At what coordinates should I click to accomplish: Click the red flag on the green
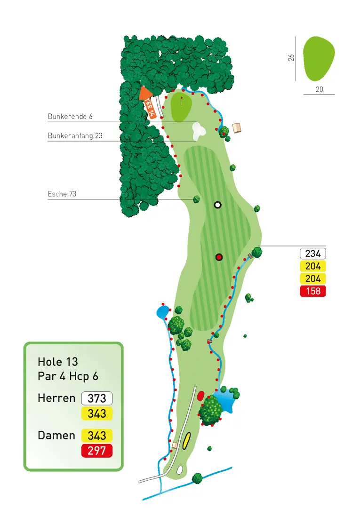click(182, 100)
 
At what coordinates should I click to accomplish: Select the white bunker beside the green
click(200, 131)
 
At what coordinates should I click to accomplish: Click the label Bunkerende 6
click(70, 116)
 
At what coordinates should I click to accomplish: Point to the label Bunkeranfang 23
click(75, 135)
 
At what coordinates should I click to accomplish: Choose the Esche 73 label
click(62, 193)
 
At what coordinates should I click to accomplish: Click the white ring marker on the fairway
click(217, 205)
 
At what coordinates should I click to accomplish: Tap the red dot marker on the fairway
click(219, 257)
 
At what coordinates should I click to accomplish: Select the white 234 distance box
click(313, 254)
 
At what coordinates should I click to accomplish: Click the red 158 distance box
click(313, 291)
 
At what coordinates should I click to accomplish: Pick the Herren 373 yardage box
click(97, 398)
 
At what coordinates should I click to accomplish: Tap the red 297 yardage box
click(97, 451)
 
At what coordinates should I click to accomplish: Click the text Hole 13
click(58, 362)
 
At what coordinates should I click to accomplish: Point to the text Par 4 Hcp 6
click(68, 376)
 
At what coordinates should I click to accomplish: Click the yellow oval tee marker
click(186, 441)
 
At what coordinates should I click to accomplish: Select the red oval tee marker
click(200, 396)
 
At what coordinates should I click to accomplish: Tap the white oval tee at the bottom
click(180, 469)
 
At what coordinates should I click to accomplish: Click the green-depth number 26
click(291, 57)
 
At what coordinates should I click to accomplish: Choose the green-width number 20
click(319, 89)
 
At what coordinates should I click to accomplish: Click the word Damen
click(56, 436)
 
